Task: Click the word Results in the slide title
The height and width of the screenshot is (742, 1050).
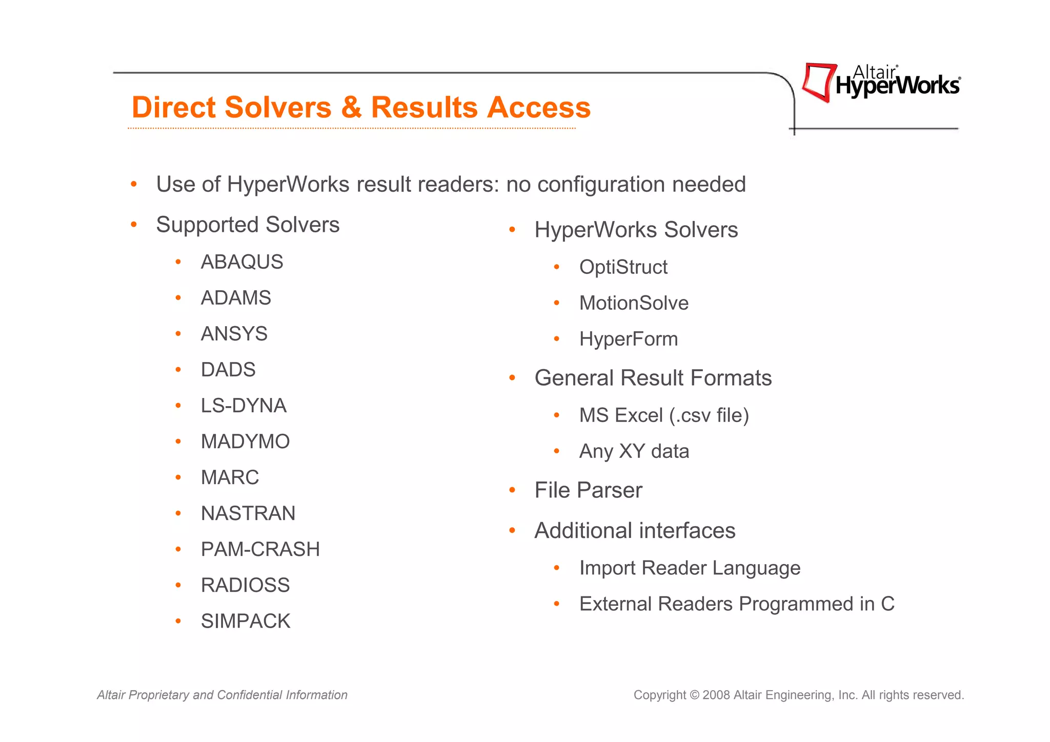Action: click(x=428, y=108)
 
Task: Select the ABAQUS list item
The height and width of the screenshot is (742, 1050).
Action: click(x=241, y=262)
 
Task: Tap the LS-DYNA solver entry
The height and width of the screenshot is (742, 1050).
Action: click(x=244, y=406)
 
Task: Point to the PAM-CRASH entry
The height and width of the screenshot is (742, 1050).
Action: click(x=260, y=549)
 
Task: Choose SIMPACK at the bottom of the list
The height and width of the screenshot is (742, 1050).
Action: click(x=245, y=621)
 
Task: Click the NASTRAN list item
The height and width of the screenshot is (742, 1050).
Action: click(x=248, y=513)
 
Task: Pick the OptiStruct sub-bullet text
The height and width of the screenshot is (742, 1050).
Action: click(x=623, y=267)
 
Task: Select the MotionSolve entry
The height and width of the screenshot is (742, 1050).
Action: click(x=634, y=303)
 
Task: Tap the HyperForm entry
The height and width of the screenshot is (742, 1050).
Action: click(x=629, y=339)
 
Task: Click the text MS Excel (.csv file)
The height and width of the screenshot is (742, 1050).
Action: click(x=664, y=415)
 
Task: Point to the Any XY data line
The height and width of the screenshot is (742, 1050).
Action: click(x=634, y=451)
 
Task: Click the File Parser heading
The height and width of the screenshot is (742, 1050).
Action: click(x=588, y=490)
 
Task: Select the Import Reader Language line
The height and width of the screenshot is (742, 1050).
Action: click(x=690, y=568)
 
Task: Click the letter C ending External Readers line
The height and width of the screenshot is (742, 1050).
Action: click(x=887, y=604)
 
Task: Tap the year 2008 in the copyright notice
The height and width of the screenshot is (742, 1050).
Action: click(x=716, y=695)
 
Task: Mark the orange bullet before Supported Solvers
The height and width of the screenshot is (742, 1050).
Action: click(x=134, y=225)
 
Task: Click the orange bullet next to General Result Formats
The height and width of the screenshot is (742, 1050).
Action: click(x=512, y=378)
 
